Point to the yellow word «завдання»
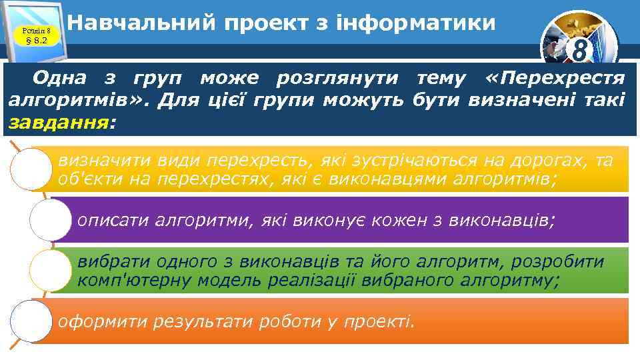click(x=57, y=122)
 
